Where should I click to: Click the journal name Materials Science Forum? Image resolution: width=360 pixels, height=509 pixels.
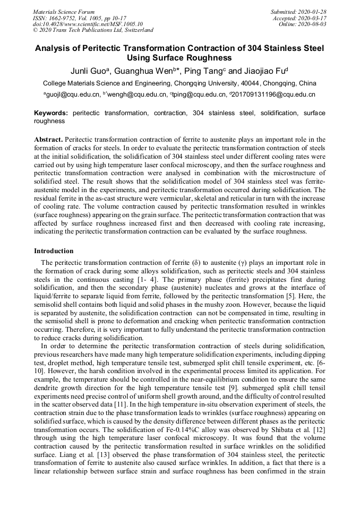(64, 12)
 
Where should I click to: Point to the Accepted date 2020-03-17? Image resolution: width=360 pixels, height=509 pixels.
(312, 18)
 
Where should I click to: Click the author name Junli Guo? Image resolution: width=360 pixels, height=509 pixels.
(89, 71)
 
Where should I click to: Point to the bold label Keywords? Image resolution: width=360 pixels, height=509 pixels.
(51, 113)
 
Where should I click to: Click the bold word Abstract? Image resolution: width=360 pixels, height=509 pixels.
(48, 139)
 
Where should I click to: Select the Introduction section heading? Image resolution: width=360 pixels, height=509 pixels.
(54, 251)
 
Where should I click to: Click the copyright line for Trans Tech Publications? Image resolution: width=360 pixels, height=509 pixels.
(93, 30)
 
